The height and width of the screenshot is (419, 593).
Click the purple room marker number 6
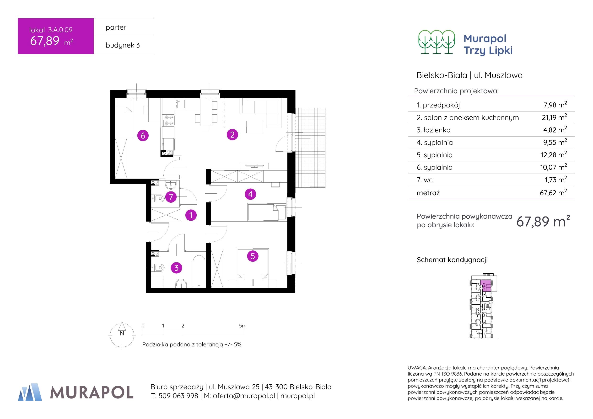pos(143,135)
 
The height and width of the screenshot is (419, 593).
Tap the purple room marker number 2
pos(232,135)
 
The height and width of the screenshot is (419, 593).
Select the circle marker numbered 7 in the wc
pos(171,197)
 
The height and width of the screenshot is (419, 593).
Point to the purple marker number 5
pos(253,256)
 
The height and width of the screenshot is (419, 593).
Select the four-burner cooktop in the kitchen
pos(169,120)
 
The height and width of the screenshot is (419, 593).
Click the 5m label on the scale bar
pos(243,326)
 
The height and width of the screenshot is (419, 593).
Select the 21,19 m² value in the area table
pos(554,117)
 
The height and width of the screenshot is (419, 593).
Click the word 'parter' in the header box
pos(116,27)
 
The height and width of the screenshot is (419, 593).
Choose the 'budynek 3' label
pos(123,45)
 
